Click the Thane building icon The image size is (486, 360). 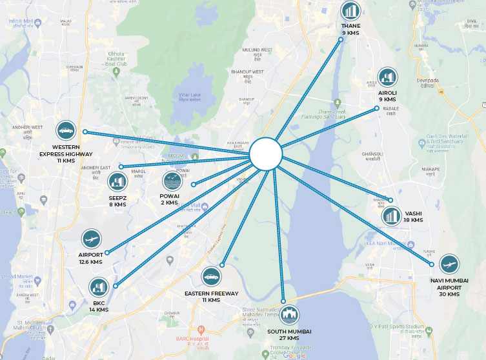pos(350,11)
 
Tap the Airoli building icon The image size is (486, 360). pos(387,77)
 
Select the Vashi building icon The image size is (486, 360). pos(391,216)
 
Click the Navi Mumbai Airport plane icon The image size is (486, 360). pos(449,265)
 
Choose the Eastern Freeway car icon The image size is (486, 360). pos(211,277)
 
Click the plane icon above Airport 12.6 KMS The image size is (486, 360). pos(92,239)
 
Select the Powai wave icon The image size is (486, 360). pos(170,180)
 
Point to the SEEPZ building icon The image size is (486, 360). pos(116,182)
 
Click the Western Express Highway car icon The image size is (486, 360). pos(66,131)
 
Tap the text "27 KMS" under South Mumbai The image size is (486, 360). pos(289,338)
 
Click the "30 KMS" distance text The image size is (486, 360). pos(449,294)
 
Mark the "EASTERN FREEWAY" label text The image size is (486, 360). pos(211,294)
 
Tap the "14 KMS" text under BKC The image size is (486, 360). pos(99,310)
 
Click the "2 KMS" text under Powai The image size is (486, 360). pos(169,203)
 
